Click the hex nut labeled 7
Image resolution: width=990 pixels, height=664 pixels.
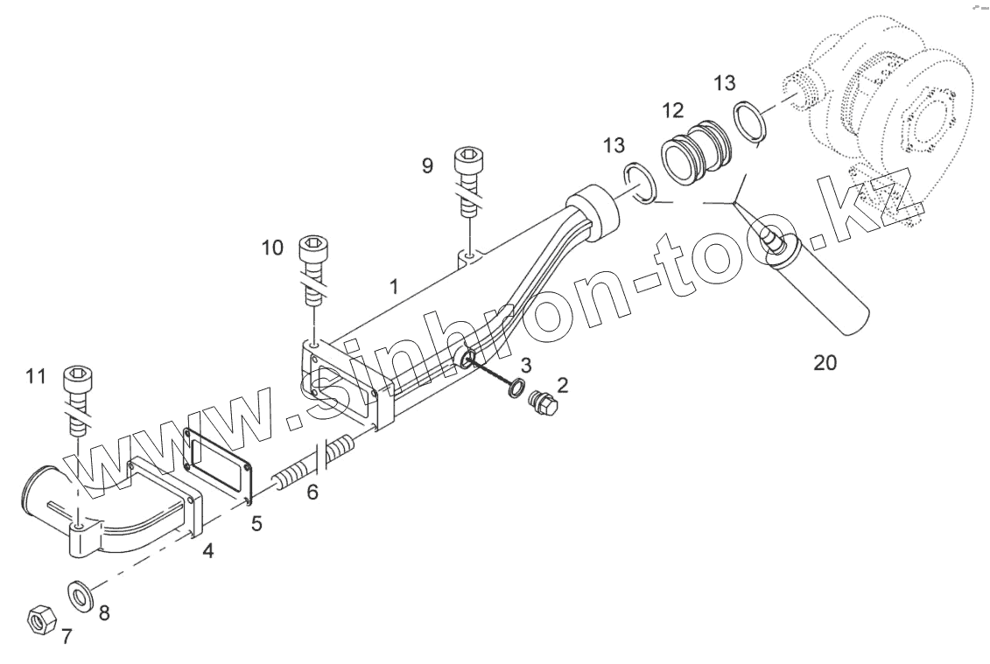pos(39,619)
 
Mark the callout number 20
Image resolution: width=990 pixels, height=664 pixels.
pos(825,362)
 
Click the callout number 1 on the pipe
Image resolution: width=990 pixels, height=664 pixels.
pos(395,286)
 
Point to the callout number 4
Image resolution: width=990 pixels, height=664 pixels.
pos(207,551)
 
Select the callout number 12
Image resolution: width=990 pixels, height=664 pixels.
pos(672,110)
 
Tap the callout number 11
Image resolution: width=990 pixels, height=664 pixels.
pos(35,377)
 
